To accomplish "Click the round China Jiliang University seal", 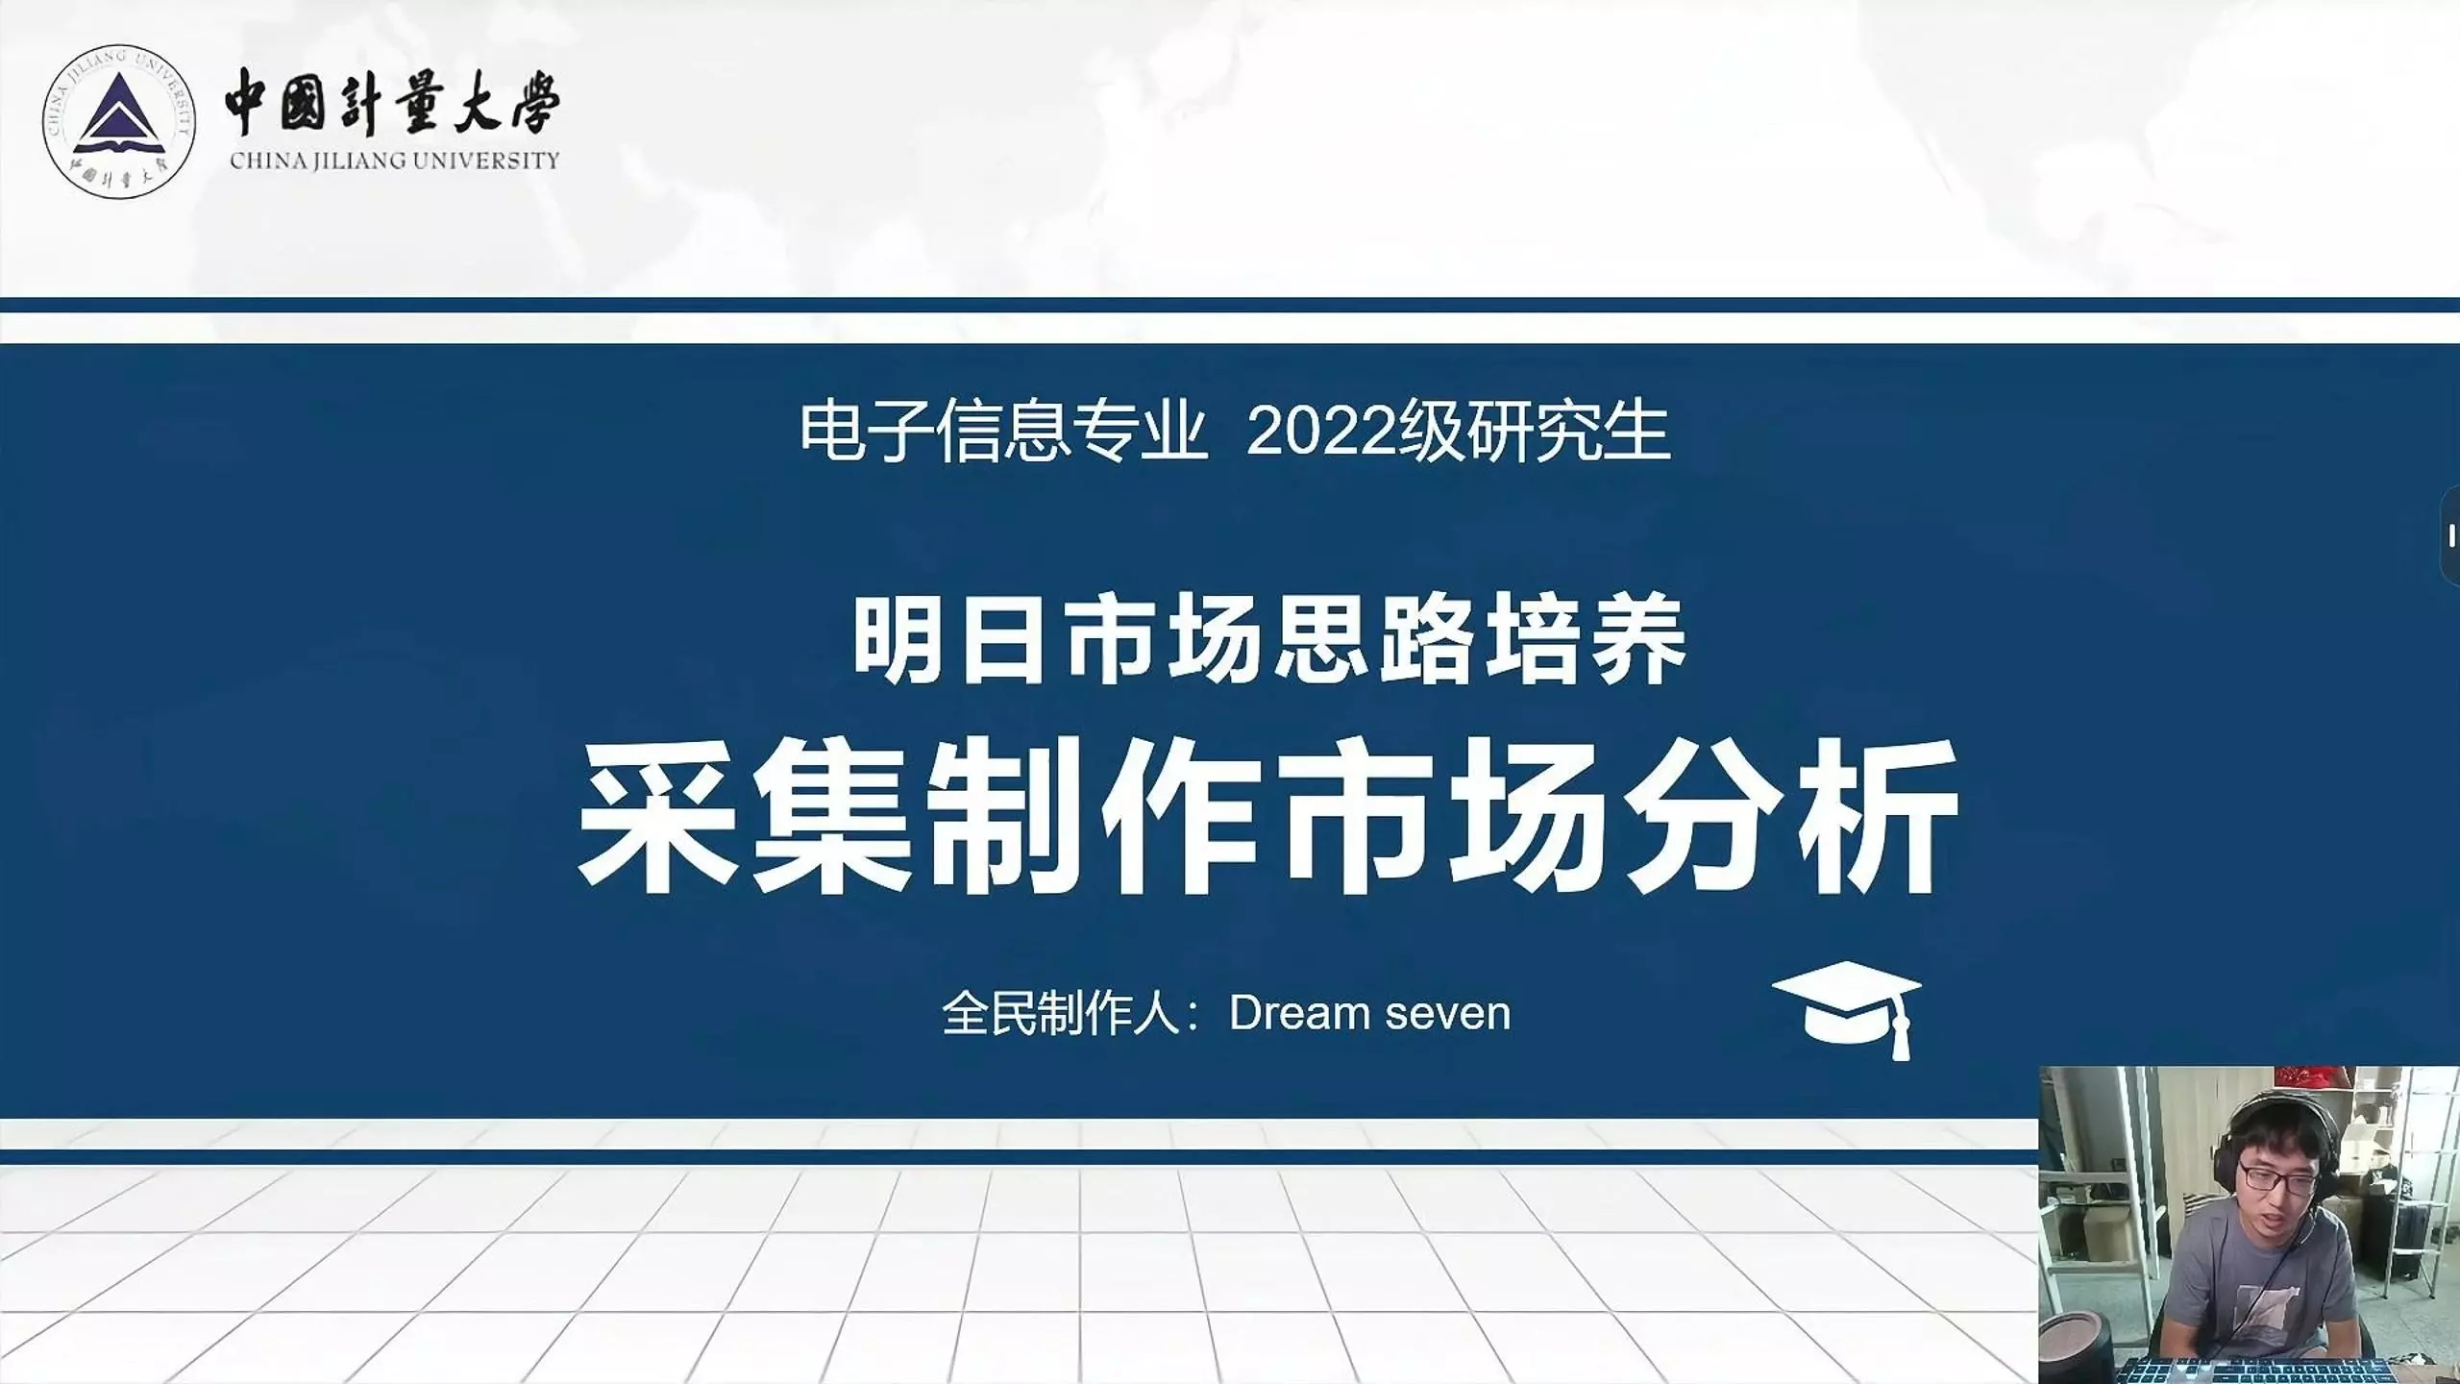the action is point(119,122).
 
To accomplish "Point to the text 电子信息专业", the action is point(1003,432).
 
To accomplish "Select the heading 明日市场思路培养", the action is point(1269,640).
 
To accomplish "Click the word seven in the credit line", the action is point(1448,1015).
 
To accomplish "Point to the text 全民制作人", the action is point(1061,1013).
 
